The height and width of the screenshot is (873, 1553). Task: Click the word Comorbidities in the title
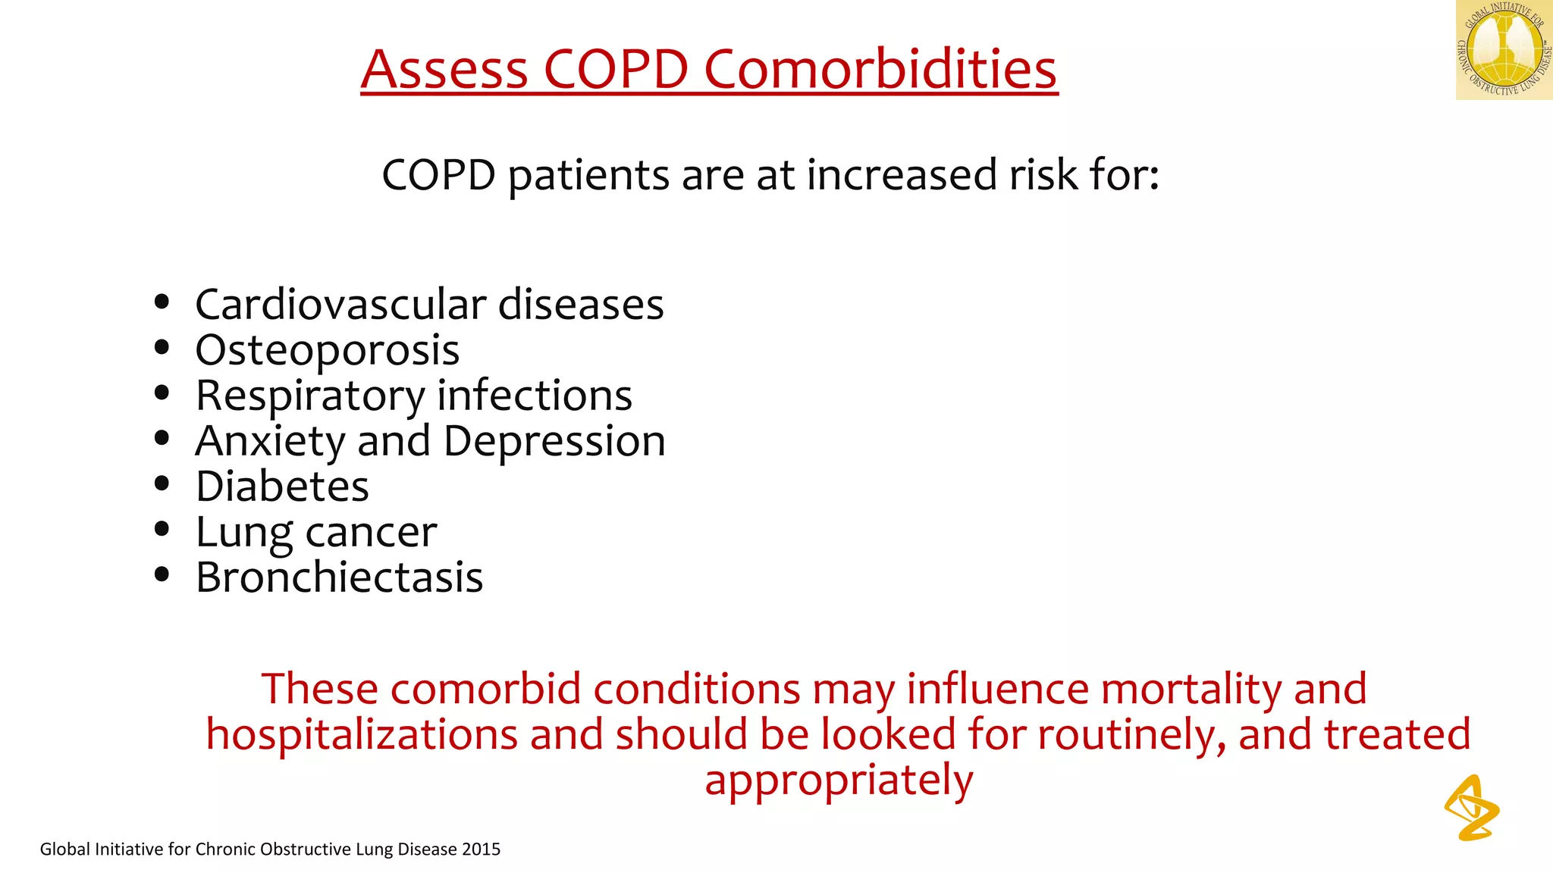880,69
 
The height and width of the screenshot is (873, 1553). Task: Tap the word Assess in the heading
444,69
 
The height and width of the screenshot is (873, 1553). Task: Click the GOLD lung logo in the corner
1504,50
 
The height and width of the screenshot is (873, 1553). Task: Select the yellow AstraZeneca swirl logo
1471,809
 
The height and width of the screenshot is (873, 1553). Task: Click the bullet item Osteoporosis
327,350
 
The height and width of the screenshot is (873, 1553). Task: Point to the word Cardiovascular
340,305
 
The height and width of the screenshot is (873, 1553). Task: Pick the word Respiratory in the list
310,396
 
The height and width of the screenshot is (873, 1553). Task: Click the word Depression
554,441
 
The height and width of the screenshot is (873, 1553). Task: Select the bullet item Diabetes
282,487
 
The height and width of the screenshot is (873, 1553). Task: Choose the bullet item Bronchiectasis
339,577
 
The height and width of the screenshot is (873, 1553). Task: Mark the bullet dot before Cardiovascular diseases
162,302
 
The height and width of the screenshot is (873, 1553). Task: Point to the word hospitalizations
362,735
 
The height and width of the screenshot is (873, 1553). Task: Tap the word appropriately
839,781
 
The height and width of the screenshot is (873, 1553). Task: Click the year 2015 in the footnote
481,850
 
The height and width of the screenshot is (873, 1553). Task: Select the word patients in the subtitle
588,176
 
